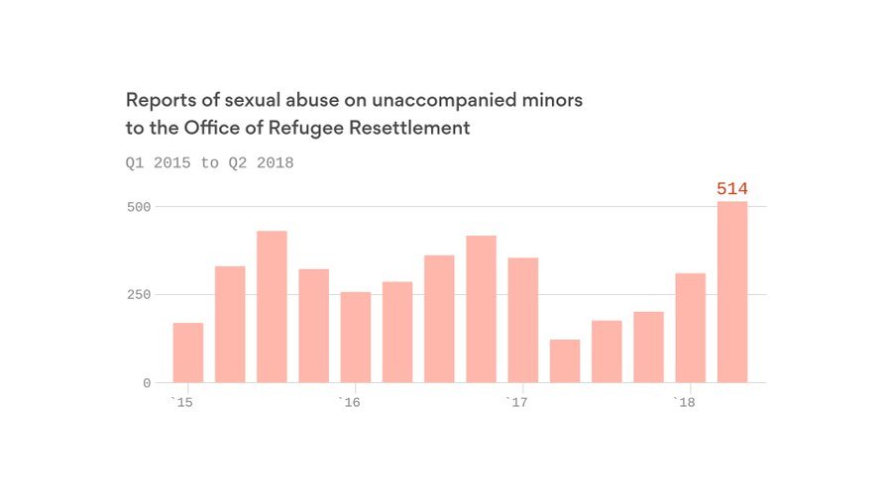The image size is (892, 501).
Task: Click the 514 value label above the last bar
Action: point(731,189)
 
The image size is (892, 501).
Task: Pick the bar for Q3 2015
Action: point(272,307)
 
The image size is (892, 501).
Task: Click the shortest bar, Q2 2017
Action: point(565,361)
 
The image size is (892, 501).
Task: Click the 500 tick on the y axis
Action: point(138,207)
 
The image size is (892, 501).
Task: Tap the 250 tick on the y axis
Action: point(138,295)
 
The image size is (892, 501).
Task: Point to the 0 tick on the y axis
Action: point(146,383)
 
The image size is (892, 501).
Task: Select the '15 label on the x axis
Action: point(180,402)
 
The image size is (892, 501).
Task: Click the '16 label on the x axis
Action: point(348,402)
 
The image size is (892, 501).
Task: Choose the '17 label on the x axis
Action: point(515,402)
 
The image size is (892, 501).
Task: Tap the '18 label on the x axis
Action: point(683,402)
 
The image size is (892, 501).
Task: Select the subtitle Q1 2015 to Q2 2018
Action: point(209,162)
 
